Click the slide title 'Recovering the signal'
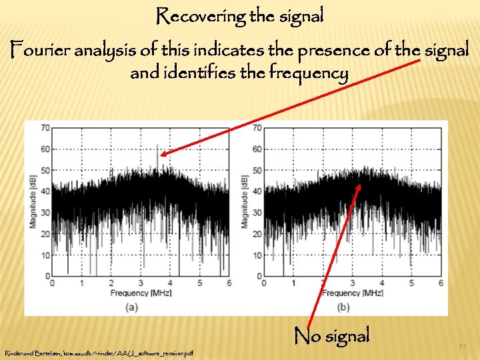240,16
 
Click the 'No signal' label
331,335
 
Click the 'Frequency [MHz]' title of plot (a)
141,293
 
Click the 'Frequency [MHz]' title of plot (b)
352,293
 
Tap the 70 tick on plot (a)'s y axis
45,127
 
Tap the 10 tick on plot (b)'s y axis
257,255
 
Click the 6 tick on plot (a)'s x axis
228,283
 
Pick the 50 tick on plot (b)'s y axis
257,170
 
